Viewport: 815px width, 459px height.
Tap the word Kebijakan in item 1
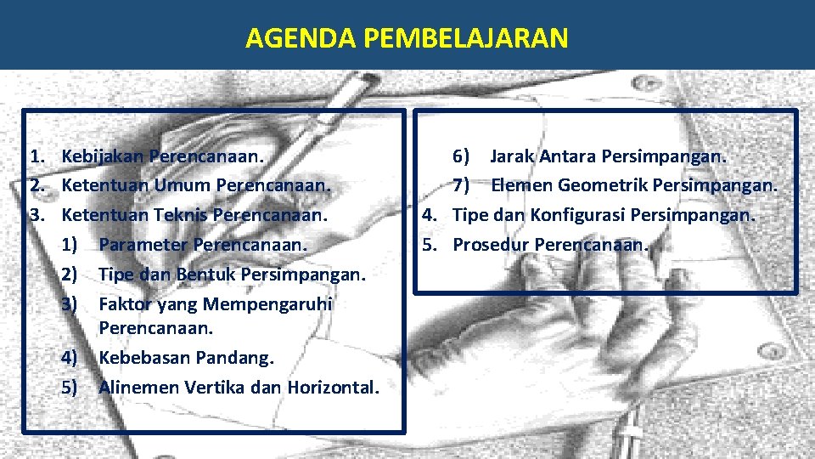coord(103,156)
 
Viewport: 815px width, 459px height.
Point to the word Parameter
coord(143,245)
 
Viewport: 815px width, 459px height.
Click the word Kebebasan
coord(145,357)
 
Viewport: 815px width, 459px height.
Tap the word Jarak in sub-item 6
coord(511,156)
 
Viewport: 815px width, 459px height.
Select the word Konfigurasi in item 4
coord(578,215)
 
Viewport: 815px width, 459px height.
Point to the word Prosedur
coord(492,245)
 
